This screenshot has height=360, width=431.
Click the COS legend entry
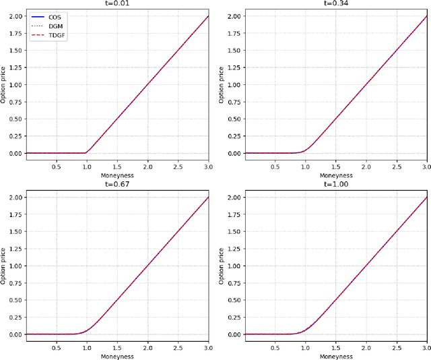(55, 16)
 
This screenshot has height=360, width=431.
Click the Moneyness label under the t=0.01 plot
(117, 175)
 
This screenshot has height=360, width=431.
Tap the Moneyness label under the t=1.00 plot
(335, 356)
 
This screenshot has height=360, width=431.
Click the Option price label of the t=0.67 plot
(5, 266)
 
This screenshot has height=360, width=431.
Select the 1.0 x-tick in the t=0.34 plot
(305, 166)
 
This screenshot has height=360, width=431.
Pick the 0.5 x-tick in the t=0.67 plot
(56, 347)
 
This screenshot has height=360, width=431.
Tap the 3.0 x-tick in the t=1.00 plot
(426, 347)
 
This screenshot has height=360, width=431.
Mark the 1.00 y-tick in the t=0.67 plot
(15, 266)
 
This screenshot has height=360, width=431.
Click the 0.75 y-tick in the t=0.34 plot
(234, 102)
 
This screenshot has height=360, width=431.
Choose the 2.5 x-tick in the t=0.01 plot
(177, 166)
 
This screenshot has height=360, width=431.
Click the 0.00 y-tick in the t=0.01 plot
(15, 153)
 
